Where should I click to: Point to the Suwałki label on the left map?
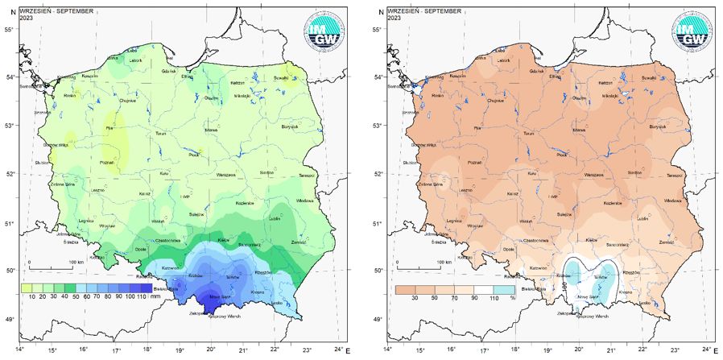(x=281, y=77)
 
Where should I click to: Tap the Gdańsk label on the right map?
(x=535, y=70)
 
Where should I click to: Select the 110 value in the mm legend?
(x=145, y=297)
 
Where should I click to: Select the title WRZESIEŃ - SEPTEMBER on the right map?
(x=424, y=11)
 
